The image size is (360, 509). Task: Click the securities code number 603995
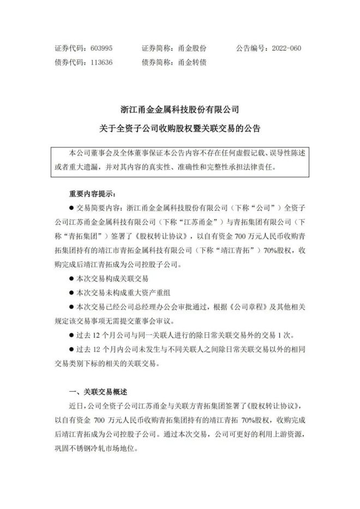point(101,48)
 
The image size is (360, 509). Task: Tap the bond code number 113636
point(101,62)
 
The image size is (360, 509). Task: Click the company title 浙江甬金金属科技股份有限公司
point(179,110)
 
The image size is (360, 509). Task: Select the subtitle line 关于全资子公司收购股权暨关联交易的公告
point(179,129)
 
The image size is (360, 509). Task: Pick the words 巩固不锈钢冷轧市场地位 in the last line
point(98,450)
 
